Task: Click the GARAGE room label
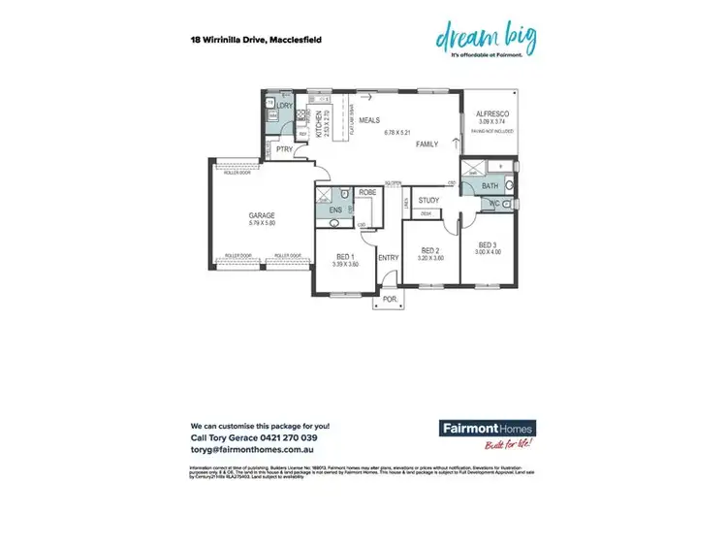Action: [x=262, y=215]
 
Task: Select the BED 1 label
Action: [x=345, y=255]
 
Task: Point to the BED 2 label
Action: [x=429, y=250]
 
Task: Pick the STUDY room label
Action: [x=428, y=201]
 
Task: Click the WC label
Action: [x=494, y=205]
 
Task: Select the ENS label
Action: [x=335, y=209]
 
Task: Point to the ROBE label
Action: [x=367, y=193]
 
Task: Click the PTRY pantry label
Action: [x=284, y=150]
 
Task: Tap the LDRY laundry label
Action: [x=285, y=106]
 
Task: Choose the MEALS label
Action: [x=369, y=120]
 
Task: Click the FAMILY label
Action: [x=427, y=144]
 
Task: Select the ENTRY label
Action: [x=389, y=257]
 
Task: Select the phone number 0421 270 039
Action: [x=273, y=437]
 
